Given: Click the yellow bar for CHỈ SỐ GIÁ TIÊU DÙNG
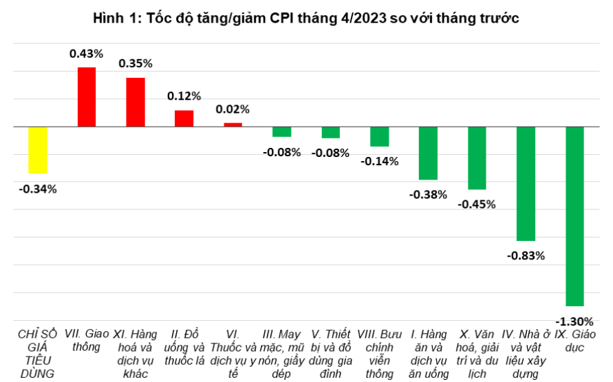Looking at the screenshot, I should coord(38,150).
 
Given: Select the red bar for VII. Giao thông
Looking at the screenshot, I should coord(87,97).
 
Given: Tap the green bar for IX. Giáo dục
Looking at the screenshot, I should coord(574,216).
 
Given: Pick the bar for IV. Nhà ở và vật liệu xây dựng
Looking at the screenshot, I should coord(526,184).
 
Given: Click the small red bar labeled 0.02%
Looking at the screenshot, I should coord(233,125).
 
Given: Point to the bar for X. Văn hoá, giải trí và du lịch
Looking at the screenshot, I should coord(477,158).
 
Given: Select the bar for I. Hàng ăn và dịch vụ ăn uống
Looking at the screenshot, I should coord(428,153).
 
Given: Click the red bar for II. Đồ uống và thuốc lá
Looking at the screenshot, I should coord(184,118).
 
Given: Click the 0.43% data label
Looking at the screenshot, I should coord(86,53).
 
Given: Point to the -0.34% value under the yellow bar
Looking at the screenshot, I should coord(38,189).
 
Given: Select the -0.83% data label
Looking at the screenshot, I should coord(526,255).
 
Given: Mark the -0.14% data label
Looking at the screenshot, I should coord(379,162).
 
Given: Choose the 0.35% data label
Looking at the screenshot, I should coord(136,63).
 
